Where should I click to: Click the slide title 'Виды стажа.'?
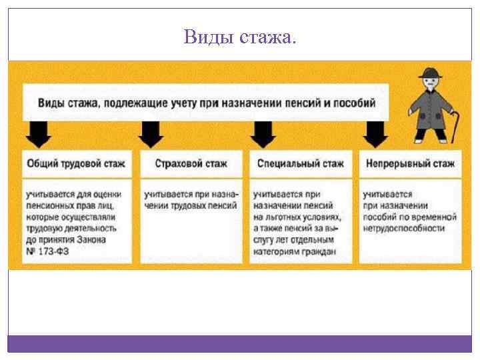click(239, 37)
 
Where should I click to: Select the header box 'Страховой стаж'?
click(191, 163)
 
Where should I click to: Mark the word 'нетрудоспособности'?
click(403, 228)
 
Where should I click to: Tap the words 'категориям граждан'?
click(293, 251)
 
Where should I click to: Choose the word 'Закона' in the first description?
click(95, 239)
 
